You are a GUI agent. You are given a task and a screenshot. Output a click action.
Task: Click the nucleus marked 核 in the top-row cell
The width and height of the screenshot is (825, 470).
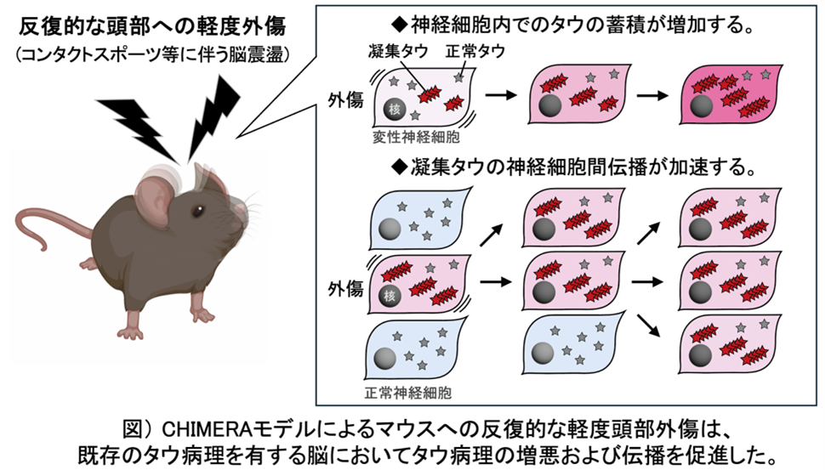tap(393, 109)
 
